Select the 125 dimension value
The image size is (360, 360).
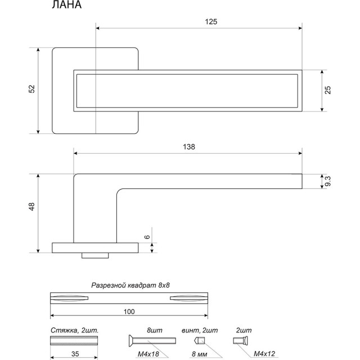[x=211, y=21]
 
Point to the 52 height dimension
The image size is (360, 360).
[x=32, y=89]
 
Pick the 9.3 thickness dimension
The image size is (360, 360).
[x=328, y=181]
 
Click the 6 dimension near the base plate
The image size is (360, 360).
[x=147, y=238]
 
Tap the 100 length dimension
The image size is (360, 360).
[x=130, y=311]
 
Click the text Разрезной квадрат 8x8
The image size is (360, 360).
[x=130, y=286]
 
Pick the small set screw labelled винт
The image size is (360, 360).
[x=199, y=340]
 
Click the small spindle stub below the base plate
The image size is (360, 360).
[x=95, y=256]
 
